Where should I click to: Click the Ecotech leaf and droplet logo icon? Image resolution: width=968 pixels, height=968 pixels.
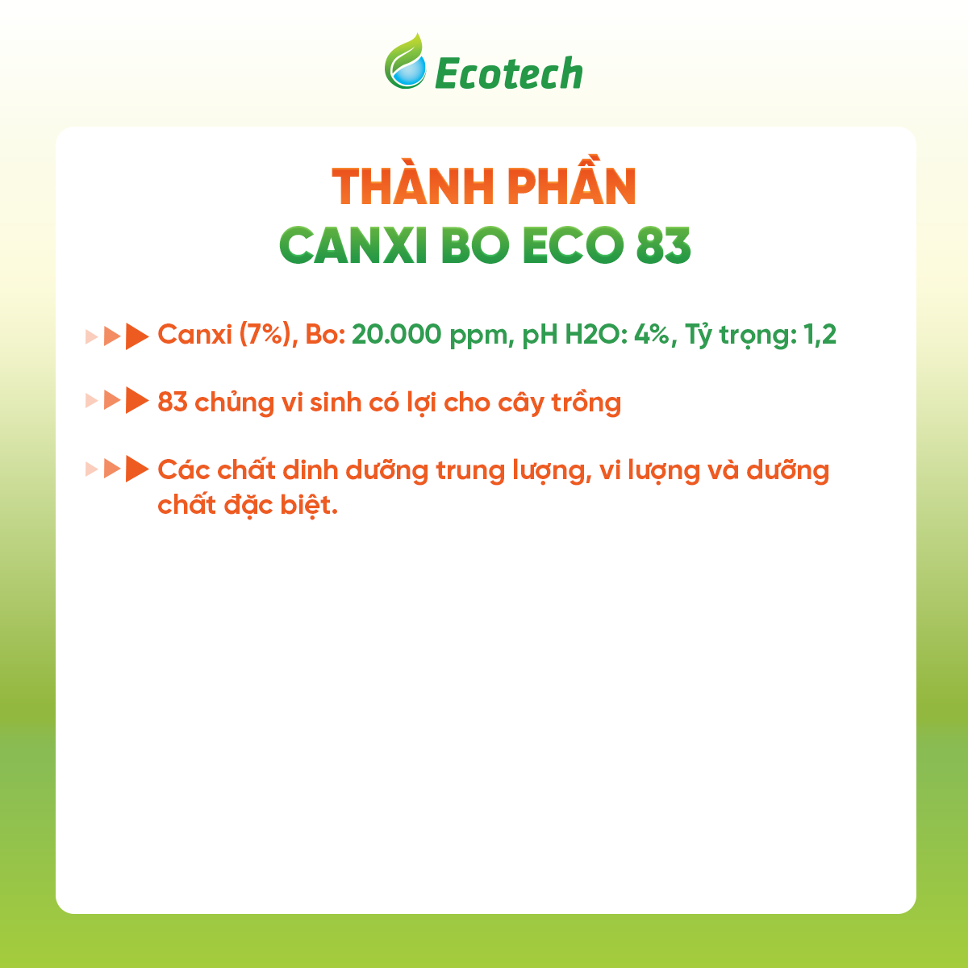point(405,62)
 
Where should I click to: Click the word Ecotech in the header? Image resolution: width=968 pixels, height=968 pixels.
point(508,74)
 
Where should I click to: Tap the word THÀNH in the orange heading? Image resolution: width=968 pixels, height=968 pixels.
point(403,187)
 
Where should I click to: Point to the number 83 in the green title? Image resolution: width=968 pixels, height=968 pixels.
point(663,245)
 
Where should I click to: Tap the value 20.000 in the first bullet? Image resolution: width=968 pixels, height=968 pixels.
point(396,334)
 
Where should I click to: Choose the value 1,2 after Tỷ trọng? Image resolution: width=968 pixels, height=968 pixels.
point(820,334)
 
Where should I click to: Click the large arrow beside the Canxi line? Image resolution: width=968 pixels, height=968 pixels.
point(138,336)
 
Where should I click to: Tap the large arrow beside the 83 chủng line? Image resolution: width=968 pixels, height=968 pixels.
point(138,401)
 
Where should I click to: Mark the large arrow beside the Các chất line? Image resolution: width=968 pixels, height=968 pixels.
point(138,469)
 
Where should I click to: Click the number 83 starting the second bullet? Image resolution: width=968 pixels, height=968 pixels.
point(173,402)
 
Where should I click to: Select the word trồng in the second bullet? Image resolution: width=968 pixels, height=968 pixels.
point(586,402)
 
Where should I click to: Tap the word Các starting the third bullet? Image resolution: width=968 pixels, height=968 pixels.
point(183,469)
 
